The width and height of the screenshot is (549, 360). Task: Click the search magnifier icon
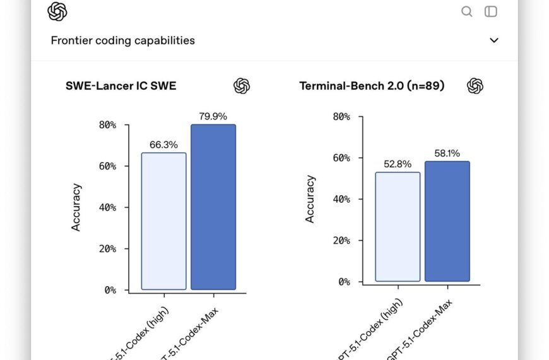point(467,11)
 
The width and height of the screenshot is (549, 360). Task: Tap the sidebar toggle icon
point(490,11)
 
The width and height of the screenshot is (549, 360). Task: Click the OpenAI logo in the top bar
point(57,11)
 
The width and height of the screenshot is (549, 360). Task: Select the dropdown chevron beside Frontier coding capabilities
point(494,40)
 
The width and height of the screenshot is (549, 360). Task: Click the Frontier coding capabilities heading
point(122,40)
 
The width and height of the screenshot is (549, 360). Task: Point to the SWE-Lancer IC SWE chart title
point(121,86)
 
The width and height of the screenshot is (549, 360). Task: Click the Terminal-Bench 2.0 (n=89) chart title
point(372,86)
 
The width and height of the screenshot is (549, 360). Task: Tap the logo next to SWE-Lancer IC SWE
point(242,86)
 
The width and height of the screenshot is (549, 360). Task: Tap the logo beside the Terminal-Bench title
point(475,86)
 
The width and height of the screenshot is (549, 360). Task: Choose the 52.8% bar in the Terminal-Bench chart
point(398,227)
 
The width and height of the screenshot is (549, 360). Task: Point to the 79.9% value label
point(213,116)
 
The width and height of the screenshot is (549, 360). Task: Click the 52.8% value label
point(398,164)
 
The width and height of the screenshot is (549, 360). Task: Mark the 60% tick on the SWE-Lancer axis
point(108,166)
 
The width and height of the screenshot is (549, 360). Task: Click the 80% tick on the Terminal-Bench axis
point(341,116)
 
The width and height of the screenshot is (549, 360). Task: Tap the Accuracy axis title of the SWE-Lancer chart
point(76,207)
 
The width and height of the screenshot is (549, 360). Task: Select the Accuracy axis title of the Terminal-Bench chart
point(310,199)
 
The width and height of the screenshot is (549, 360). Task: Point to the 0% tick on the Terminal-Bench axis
point(344,282)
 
